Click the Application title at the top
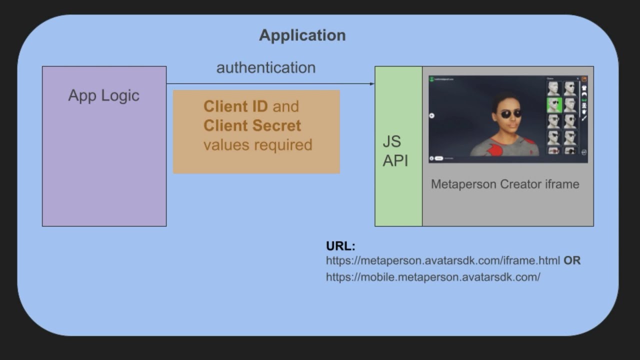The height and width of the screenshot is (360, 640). tap(302, 35)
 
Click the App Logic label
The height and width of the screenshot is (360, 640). tap(103, 95)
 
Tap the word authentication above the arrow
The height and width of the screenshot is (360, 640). tap(265, 67)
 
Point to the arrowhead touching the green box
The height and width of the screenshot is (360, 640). tap(372, 84)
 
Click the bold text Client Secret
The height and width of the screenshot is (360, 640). tap(252, 125)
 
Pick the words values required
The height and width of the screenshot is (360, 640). tap(257, 144)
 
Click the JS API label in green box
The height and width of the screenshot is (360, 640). tap(395, 151)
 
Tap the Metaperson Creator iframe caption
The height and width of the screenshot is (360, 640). tap(504, 184)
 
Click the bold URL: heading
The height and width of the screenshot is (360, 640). tap(340, 246)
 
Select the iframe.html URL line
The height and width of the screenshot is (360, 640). tap(442, 260)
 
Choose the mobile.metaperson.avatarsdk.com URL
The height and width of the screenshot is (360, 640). tap(433, 276)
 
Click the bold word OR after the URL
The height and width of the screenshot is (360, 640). tap(572, 260)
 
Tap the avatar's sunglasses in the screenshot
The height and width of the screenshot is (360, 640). tap(510, 114)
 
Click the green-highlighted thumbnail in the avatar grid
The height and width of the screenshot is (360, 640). tap(553, 105)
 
